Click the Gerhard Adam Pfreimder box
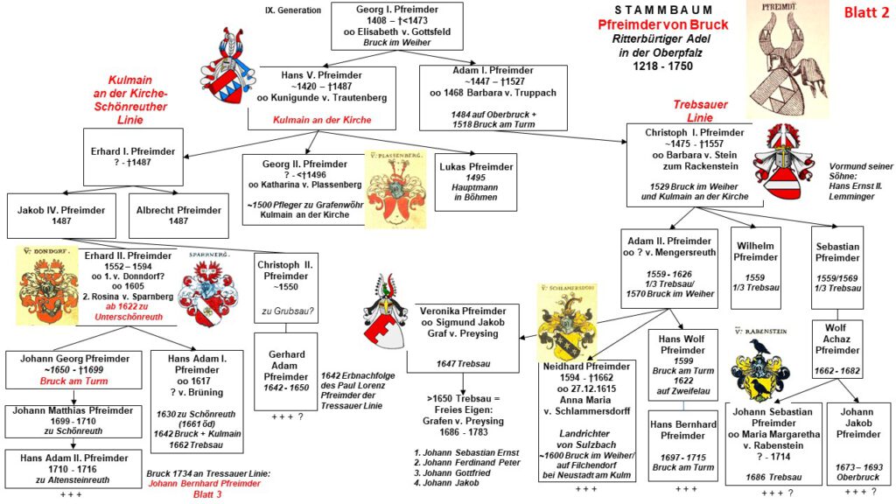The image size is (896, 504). pos(285,368)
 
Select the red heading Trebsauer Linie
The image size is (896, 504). pos(700,111)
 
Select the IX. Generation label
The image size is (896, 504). pos(292,10)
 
